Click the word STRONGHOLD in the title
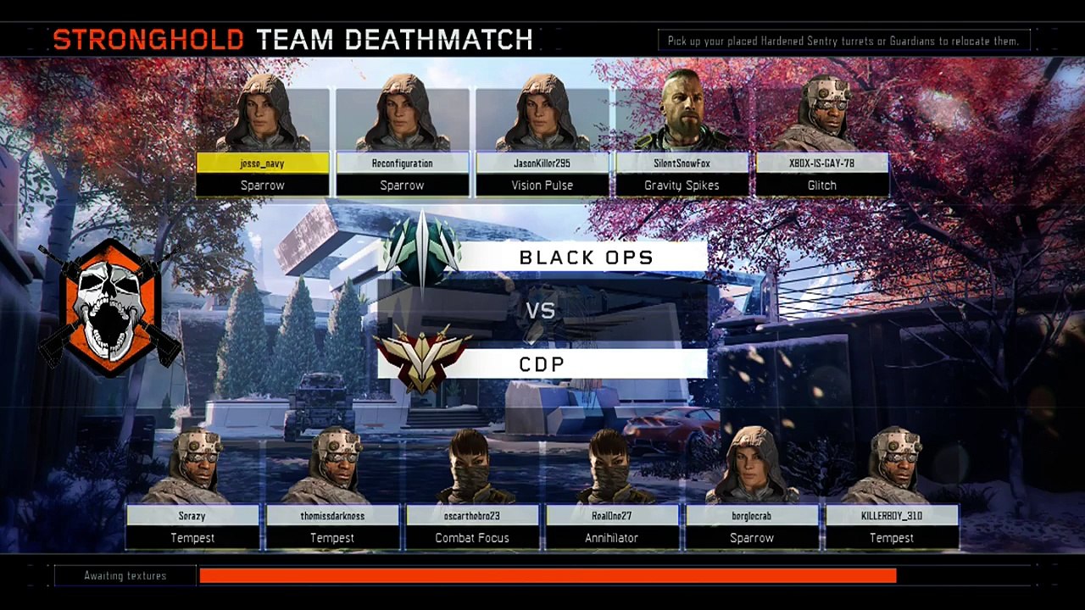coord(148,39)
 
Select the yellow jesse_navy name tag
coord(263,164)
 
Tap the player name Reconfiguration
coord(402,164)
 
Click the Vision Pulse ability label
coord(542,186)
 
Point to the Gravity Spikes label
coord(682,186)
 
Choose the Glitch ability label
coord(822,186)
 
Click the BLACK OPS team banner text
coord(586,258)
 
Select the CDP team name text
coord(542,364)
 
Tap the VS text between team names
coord(541,311)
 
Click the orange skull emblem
coord(109,307)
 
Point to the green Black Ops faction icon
coord(420,251)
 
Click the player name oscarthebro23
coord(472,516)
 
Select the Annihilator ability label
coord(611,538)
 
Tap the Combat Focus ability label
coord(472,538)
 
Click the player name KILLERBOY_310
coord(892,516)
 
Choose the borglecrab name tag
coord(752,516)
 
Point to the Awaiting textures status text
coord(125,576)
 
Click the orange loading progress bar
coord(548,576)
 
